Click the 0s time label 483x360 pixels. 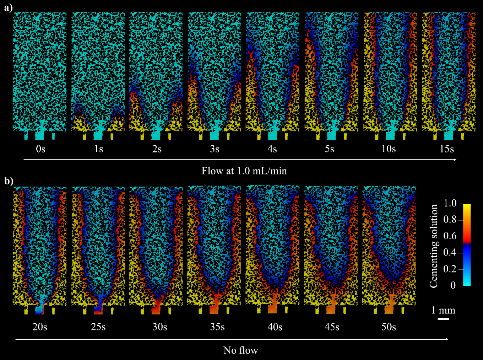40,149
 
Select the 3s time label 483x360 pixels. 215,149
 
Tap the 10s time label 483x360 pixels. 389,149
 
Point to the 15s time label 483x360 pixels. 447,149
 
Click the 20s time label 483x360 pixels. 40,327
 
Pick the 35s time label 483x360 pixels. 217,327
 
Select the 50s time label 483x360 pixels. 389,327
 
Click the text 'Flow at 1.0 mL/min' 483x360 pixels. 244,171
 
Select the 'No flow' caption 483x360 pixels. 240,350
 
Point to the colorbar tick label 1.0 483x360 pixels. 450,204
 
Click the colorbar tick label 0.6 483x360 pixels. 450,236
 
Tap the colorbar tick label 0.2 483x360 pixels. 450,269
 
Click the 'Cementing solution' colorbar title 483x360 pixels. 434,246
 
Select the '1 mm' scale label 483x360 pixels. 443,310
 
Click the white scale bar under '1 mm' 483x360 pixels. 443,319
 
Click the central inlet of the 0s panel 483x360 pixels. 40,135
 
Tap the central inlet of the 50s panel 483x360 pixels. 389,309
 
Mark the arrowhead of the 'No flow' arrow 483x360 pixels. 447,339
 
